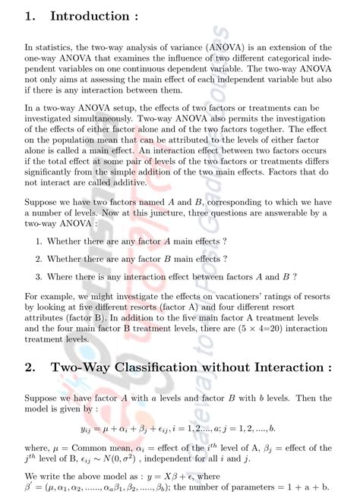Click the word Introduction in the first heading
click(89, 17)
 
